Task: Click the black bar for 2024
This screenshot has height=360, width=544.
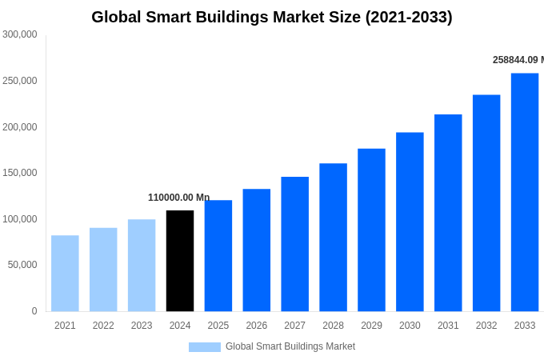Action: [180, 261]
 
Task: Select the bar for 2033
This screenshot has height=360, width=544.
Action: [525, 192]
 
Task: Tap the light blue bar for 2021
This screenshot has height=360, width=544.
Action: [65, 274]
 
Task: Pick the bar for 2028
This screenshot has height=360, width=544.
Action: [333, 238]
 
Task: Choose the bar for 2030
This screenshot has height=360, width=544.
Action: [410, 222]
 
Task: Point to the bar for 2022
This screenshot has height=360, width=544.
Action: [103, 270]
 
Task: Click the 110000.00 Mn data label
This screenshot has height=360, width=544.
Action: [178, 198]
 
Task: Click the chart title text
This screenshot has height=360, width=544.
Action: [272, 17]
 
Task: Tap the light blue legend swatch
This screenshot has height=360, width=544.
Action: [204, 347]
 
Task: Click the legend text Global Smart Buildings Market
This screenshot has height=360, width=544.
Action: [290, 346]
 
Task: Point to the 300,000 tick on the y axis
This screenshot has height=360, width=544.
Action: [20, 34]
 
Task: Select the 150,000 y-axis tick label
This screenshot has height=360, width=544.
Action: [20, 173]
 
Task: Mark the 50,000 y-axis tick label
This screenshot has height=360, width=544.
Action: [22, 265]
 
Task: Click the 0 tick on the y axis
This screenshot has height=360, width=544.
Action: [34, 311]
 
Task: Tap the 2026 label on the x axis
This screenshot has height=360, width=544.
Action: [257, 326]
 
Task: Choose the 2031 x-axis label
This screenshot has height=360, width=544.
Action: [448, 326]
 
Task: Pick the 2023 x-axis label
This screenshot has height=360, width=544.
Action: [142, 326]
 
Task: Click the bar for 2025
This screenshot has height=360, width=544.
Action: [218, 256]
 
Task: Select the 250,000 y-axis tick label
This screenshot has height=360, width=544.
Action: [20, 81]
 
